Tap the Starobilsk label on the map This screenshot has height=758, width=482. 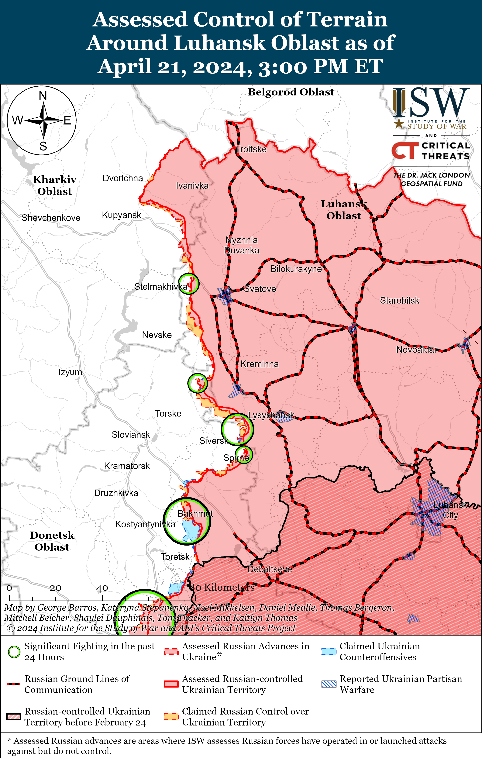pos(400,300)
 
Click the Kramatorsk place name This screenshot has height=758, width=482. pos(127,466)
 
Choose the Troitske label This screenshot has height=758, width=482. pos(251,149)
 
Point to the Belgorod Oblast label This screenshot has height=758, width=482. pos(291,92)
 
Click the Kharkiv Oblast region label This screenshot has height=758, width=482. pos(55,185)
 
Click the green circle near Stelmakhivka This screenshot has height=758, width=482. pos(188,284)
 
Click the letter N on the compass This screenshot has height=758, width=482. pos(43,96)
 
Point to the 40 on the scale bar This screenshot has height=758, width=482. pos(102,588)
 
